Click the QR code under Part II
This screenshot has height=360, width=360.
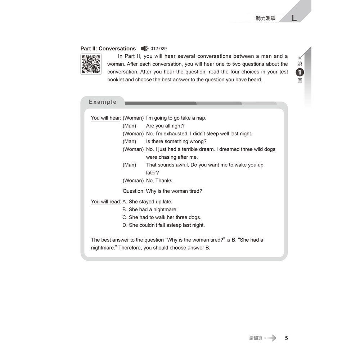point(91,64)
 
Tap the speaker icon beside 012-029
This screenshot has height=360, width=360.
point(145,49)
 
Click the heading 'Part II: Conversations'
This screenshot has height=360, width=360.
point(108,49)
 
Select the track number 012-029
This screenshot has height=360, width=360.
point(158,49)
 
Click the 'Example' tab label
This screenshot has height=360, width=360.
point(103,102)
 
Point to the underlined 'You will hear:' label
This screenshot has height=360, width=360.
point(106,118)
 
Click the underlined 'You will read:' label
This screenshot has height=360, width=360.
point(106,202)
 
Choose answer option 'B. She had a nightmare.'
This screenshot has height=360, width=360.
point(150,210)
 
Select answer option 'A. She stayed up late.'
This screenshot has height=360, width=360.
point(147,202)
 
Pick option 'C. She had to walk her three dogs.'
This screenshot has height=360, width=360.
point(162,217)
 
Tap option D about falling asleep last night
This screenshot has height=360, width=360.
point(163,225)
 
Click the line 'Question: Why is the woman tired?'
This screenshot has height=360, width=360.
point(162,191)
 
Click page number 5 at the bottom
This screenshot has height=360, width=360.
point(286,338)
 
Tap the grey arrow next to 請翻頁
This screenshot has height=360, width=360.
point(271,338)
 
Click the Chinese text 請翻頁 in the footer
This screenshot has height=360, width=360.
point(256,338)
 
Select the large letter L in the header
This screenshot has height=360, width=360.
point(294,18)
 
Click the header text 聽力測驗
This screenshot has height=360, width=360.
point(266,18)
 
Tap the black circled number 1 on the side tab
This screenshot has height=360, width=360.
point(300,72)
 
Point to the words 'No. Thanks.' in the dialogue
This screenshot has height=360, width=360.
point(160,181)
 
